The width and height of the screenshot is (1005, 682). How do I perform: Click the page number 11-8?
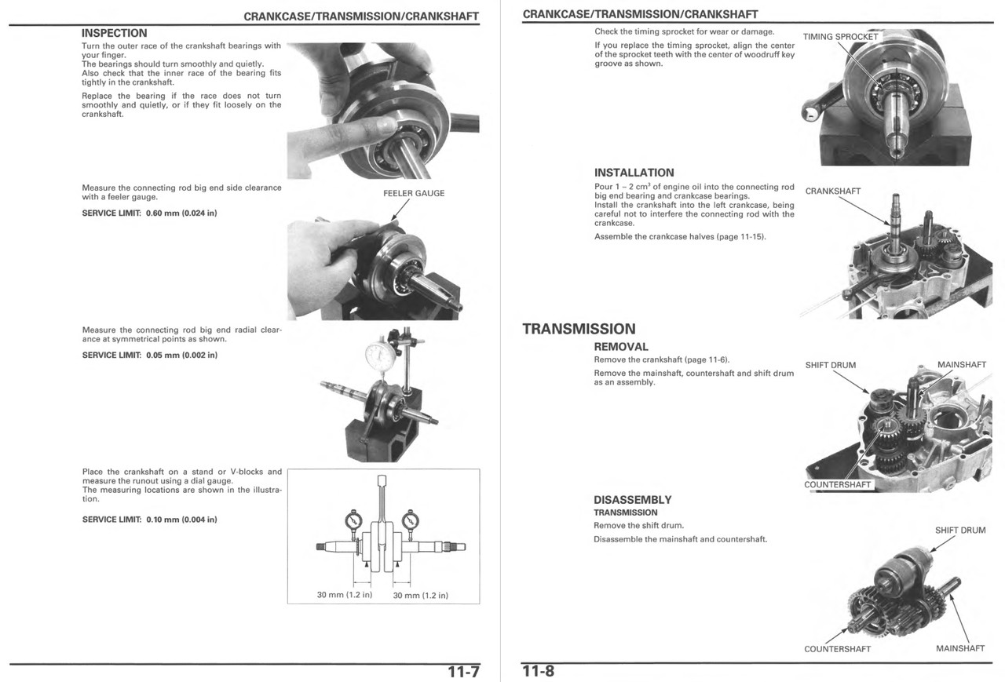539,673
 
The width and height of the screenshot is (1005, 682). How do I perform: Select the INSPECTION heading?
115,33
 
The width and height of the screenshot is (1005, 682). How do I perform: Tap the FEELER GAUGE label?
414,193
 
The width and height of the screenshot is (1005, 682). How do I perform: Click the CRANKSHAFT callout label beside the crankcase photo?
833,191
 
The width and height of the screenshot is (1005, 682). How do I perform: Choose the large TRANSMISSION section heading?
579,329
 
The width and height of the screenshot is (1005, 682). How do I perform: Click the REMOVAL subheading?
621,347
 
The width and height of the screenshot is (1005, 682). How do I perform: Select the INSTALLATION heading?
634,173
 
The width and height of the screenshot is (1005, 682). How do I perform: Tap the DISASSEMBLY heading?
632,500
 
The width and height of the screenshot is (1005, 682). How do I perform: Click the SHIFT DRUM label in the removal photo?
831,365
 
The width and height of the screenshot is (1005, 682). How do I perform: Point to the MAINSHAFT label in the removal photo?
962,365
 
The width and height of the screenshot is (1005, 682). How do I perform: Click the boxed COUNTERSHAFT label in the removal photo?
838,485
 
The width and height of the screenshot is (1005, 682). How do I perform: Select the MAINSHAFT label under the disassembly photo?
960,649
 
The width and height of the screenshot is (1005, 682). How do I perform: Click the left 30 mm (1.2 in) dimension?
344,595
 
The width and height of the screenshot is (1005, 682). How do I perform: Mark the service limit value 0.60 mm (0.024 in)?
181,213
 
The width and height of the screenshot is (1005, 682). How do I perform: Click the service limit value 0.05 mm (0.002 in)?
181,355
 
